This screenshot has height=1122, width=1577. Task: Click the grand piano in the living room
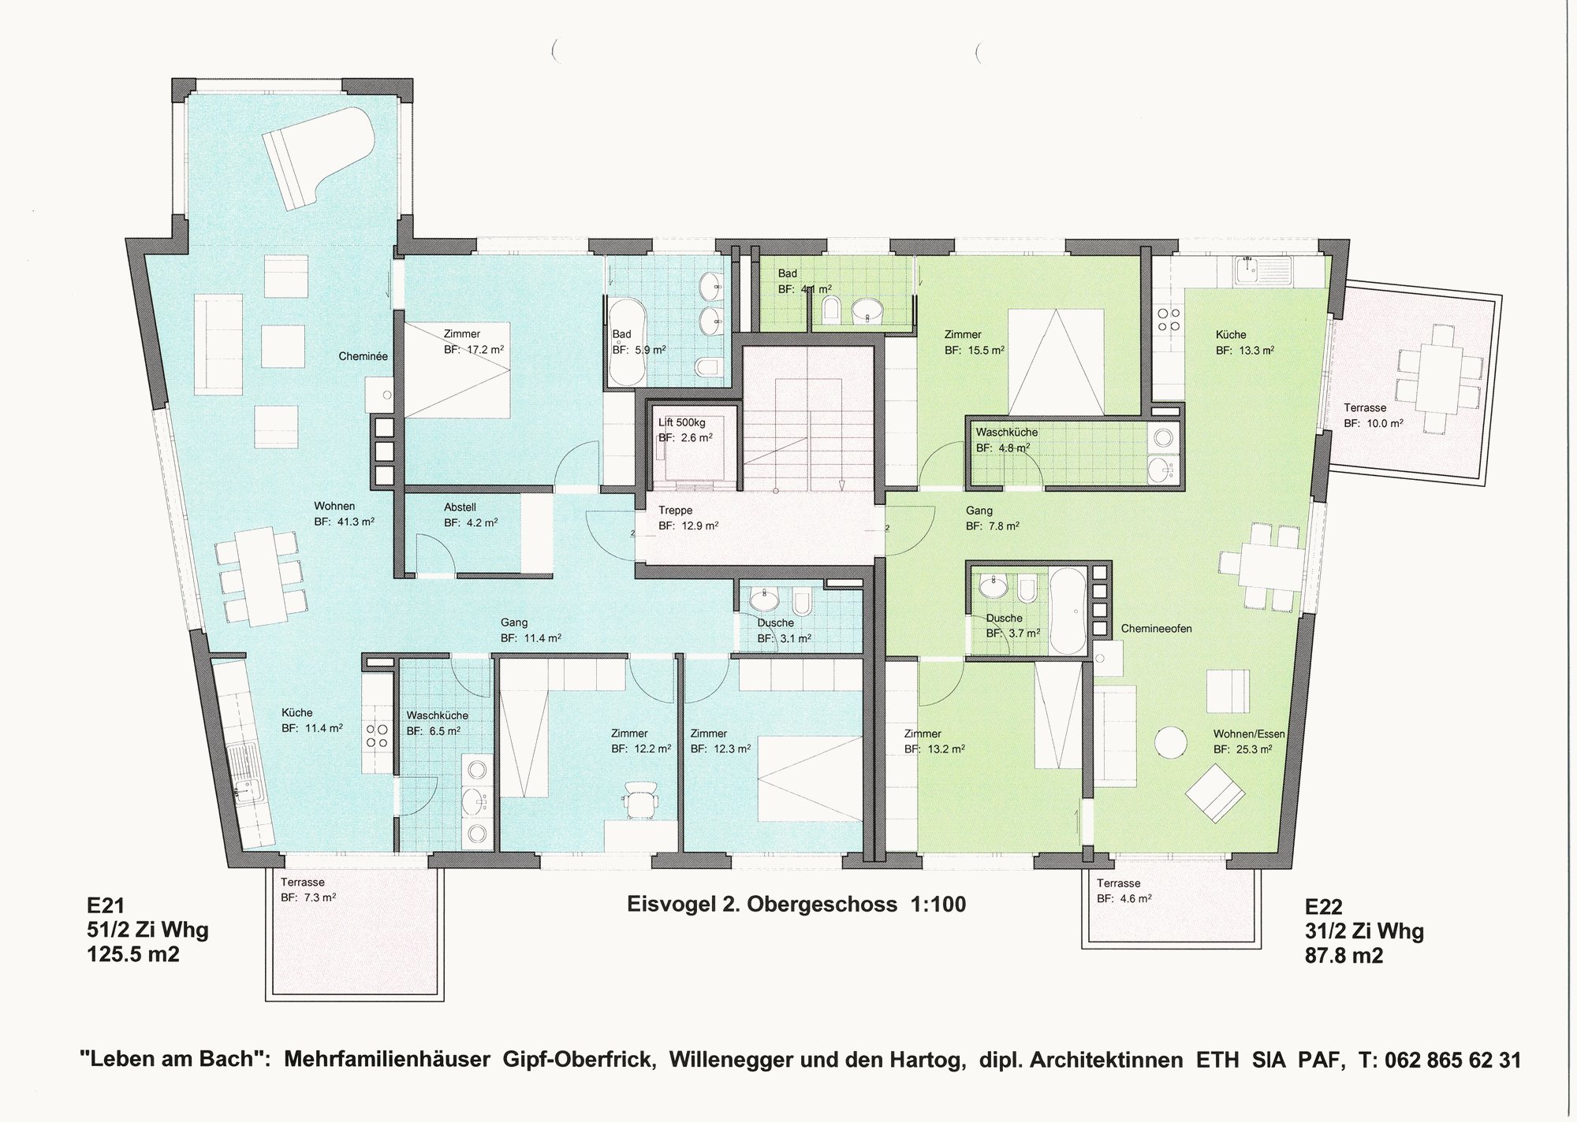(316, 158)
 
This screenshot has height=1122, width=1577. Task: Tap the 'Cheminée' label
(363, 356)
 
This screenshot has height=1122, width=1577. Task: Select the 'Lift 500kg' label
(681, 422)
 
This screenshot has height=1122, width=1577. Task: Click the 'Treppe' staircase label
(675, 510)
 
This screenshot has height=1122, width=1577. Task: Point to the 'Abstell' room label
(460, 507)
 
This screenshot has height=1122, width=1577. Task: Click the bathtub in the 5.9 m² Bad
(628, 341)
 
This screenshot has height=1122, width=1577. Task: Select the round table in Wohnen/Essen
(1171, 742)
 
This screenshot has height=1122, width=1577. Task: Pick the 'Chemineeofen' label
(1156, 629)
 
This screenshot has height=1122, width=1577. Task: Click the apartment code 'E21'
(106, 906)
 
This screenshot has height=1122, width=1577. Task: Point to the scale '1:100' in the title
(938, 904)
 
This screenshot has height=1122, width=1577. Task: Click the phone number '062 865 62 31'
(1452, 1060)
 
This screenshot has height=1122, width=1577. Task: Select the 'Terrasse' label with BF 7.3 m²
(303, 882)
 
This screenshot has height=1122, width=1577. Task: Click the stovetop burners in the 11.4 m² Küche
(377, 736)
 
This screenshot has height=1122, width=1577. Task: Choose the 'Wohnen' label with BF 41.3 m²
(334, 506)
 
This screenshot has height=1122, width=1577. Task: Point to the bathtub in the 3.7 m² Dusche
(1068, 611)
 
